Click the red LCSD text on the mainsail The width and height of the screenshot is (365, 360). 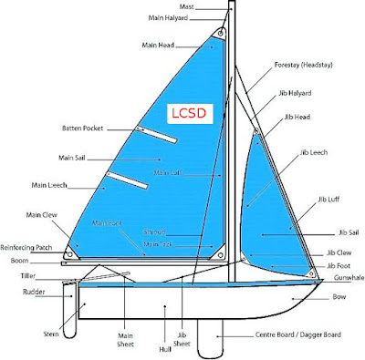coord(189,114)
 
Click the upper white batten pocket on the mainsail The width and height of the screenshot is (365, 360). coord(154,134)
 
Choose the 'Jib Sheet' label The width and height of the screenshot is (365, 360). coord(182,341)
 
